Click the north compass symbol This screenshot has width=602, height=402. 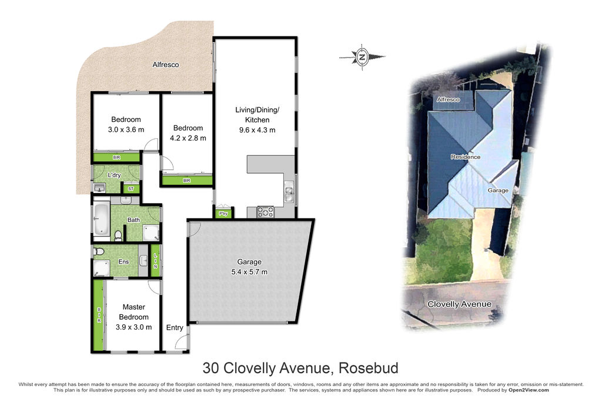click(362, 57)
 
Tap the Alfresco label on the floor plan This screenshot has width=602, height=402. click(165, 65)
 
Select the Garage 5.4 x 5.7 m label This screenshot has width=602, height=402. click(249, 267)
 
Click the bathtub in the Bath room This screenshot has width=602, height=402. click(101, 219)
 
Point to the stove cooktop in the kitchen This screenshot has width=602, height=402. click(265, 212)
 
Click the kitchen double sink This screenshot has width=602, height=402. click(289, 194)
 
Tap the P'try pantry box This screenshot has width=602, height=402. click(223, 213)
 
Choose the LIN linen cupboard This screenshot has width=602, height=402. click(155, 261)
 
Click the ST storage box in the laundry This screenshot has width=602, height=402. click(131, 189)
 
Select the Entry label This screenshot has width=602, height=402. click(174, 327)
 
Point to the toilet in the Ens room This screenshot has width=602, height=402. click(99, 252)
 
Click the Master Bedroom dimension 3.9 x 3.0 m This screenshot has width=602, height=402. click(133, 327)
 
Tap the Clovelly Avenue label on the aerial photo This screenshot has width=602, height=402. click(459, 304)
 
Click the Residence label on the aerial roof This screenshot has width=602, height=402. click(466, 157)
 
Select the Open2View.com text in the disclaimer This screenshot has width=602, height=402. click(529, 390)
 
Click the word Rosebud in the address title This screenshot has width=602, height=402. click(368, 368)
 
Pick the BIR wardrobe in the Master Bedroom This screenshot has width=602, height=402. click(99, 315)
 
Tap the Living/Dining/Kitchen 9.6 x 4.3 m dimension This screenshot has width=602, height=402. click(257, 130)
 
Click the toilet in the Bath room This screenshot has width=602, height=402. click(118, 235)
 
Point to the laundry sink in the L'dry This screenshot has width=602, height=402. click(99, 188)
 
